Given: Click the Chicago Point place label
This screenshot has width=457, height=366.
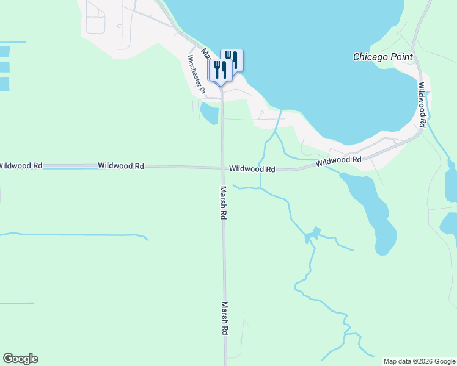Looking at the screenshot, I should [382, 57].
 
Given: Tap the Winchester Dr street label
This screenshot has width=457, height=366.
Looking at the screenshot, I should [196, 75].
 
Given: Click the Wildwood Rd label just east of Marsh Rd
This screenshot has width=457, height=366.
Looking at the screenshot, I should [252, 169].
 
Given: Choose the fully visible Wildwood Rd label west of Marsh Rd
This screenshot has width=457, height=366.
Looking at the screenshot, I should [120, 166].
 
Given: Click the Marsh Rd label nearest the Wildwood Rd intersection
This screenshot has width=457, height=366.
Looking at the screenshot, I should [224, 203].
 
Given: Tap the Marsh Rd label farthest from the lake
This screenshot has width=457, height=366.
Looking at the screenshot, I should [225, 318].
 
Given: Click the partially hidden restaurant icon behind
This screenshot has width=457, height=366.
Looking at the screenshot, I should [234, 59].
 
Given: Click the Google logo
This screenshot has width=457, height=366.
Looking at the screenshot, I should [20, 359].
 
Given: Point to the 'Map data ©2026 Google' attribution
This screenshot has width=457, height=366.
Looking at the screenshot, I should [419, 361].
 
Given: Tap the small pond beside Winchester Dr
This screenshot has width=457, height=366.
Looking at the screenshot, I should [209, 112].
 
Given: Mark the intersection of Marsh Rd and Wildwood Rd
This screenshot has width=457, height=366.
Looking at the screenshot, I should [222, 168].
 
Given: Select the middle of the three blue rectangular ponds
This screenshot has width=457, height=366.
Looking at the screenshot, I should [4, 67].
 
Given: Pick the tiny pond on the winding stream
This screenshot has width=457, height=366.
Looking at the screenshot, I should [312, 235].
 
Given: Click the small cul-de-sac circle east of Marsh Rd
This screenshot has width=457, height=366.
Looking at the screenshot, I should [261, 112].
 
